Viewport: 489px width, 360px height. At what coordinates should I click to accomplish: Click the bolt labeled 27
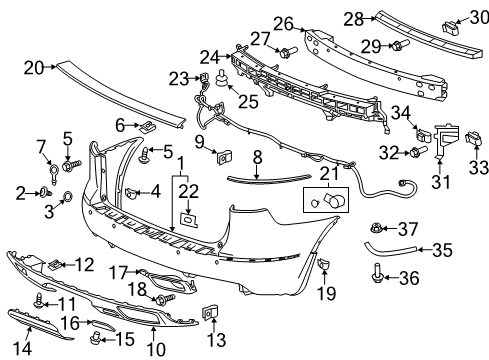pos(287,51)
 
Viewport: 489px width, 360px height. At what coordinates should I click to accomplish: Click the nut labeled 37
pos(406,228)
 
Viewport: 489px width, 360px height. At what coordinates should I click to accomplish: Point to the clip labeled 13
pos(211,311)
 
